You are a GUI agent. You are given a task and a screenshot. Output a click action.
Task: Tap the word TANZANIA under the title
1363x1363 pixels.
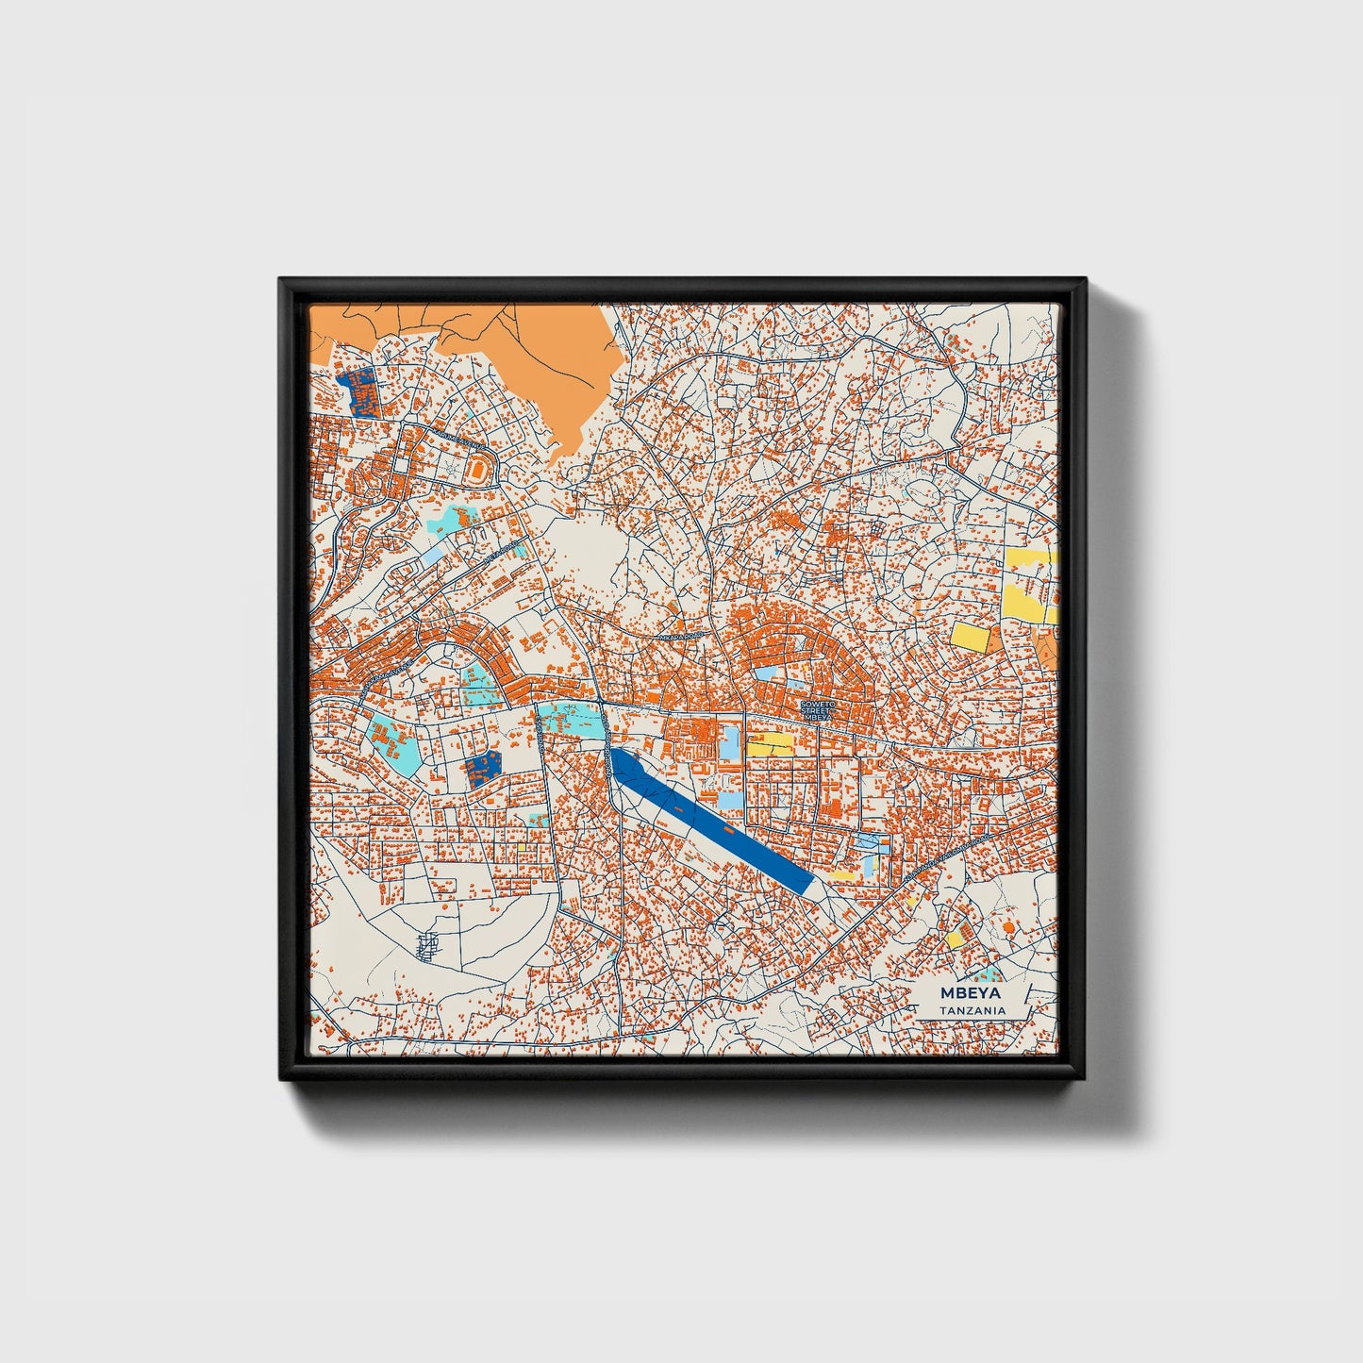[972, 1010]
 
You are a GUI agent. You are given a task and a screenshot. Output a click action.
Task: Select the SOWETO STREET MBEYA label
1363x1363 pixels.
[817, 710]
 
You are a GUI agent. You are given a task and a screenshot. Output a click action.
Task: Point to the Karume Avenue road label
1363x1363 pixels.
[460, 438]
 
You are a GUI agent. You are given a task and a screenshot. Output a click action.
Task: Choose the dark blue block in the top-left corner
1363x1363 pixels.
[357, 391]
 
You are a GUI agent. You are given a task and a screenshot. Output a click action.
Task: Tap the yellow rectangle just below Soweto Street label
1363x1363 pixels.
[771, 744]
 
